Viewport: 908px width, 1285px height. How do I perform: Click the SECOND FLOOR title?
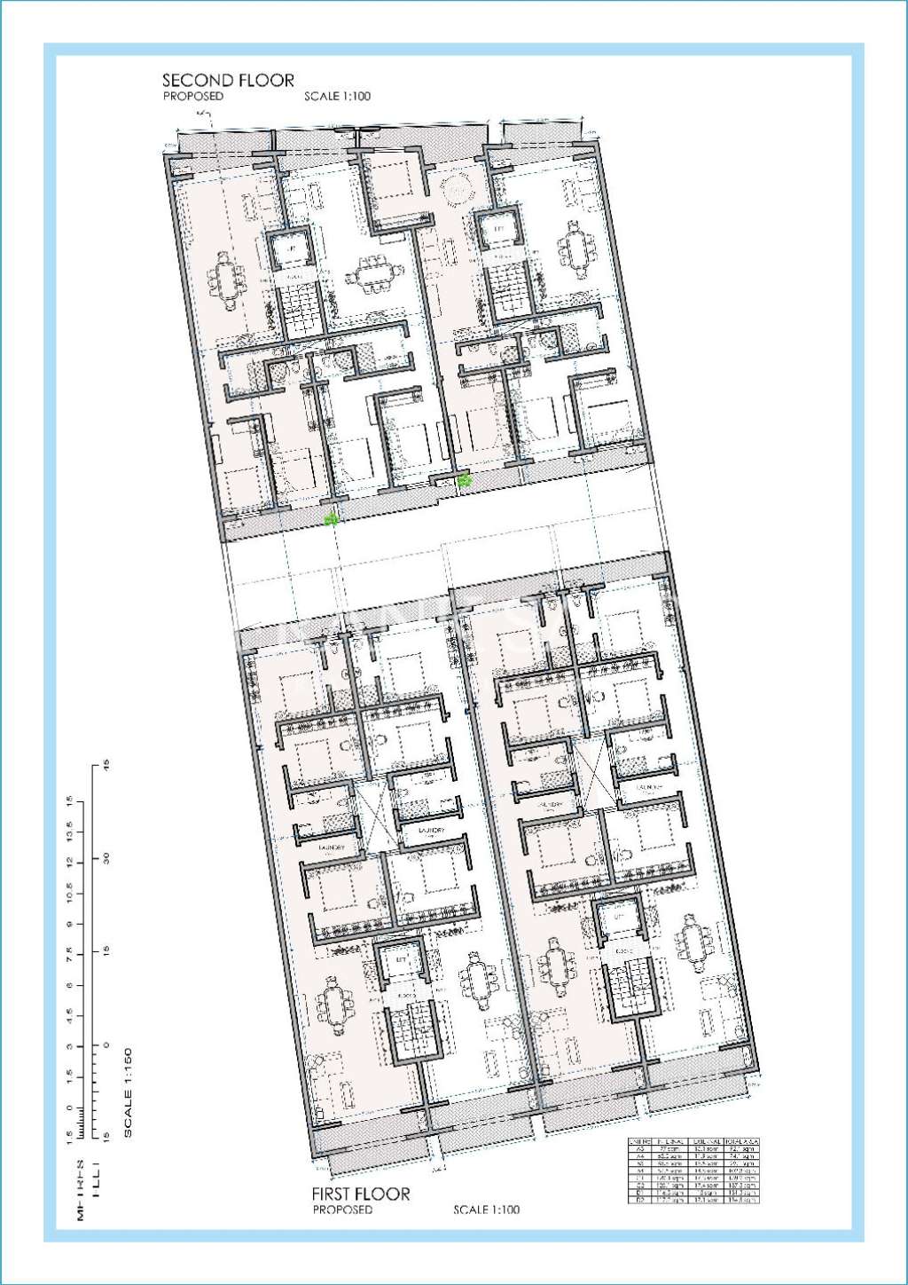point(228,80)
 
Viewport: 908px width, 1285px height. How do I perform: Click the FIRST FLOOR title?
point(361,1194)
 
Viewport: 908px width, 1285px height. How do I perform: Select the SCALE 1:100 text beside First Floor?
point(486,1210)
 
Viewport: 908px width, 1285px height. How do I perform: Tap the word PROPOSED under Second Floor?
point(193,96)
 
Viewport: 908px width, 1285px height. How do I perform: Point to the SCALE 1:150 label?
point(128,1092)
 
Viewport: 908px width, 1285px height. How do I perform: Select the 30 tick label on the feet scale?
point(106,858)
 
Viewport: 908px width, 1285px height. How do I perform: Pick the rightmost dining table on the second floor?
point(575,252)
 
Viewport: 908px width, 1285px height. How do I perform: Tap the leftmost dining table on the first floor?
point(335,1006)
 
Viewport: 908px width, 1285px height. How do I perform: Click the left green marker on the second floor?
point(332,519)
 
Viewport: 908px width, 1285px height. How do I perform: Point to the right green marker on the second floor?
point(464,480)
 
